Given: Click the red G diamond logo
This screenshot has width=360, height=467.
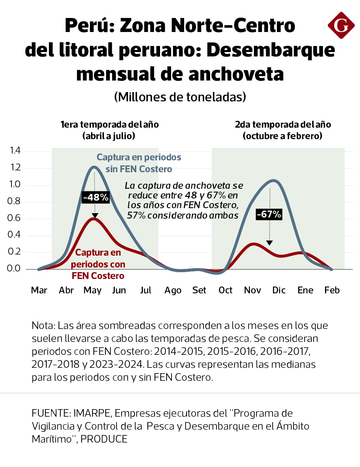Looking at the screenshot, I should (341, 25).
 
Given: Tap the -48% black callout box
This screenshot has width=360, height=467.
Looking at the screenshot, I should (95, 197).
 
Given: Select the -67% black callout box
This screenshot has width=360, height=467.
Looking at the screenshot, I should (269, 214).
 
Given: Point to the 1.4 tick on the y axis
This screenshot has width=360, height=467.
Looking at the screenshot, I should (15, 150).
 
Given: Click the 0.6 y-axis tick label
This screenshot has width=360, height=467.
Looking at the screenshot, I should (14, 218).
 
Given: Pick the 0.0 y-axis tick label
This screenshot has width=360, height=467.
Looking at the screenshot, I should (14, 268).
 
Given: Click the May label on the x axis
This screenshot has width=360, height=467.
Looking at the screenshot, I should (92, 290).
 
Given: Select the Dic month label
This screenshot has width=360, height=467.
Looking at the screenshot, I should (279, 290).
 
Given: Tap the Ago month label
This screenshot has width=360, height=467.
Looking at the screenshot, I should (173, 290).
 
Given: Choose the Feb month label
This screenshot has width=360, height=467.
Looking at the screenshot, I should (332, 290).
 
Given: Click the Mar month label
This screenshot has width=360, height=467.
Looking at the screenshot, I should (39, 290).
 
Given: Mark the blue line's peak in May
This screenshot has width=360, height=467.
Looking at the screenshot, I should (94, 167).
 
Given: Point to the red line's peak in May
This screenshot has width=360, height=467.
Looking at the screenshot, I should (94, 218).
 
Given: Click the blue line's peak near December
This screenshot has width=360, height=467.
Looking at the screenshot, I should (274, 180).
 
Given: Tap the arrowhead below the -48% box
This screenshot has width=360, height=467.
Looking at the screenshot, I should (95, 216).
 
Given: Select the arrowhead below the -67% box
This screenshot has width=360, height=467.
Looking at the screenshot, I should (269, 243).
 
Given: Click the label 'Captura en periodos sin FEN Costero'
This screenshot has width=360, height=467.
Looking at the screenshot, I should (139, 163).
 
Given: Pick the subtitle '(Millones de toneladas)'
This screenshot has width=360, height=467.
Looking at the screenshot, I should (180, 97).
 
